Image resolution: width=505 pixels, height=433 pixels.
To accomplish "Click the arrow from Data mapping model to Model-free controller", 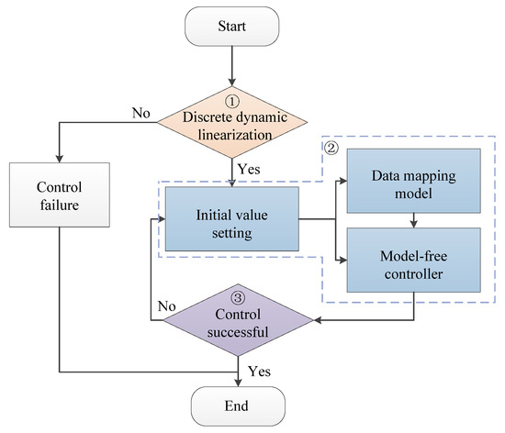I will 414,219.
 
